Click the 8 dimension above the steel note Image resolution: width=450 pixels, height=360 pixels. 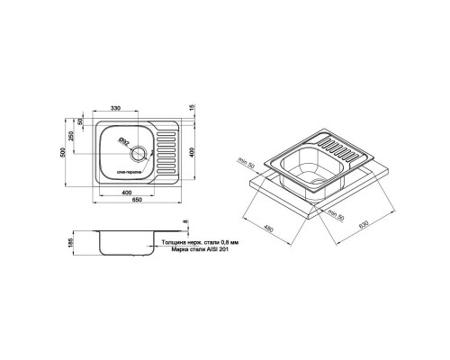pyautogui.click(x=186, y=223)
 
